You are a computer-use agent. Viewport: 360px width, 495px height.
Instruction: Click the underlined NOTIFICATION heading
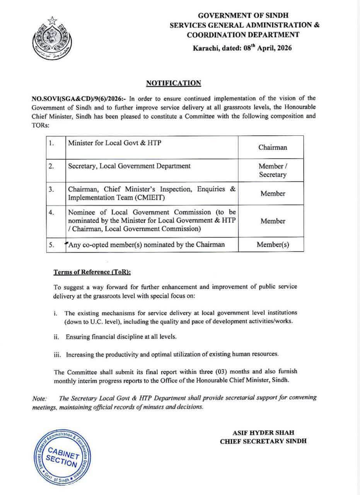pos(174,83)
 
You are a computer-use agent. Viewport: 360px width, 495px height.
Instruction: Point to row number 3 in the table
pos(51,189)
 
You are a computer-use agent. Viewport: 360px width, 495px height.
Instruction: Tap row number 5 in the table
pos(51,244)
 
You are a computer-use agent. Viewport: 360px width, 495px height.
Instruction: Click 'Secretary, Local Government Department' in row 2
pos(129,166)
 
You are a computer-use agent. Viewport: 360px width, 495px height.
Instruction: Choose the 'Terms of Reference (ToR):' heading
pos(92,272)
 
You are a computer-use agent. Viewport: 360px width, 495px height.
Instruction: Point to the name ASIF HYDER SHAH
pos(263,433)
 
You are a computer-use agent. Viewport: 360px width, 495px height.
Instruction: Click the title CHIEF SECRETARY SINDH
pos(263,441)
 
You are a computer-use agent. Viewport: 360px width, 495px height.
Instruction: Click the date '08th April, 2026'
pos(267,48)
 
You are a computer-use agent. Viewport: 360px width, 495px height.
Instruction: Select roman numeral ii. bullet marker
pos(56,337)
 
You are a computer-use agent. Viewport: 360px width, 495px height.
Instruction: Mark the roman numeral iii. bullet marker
pos(58,354)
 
